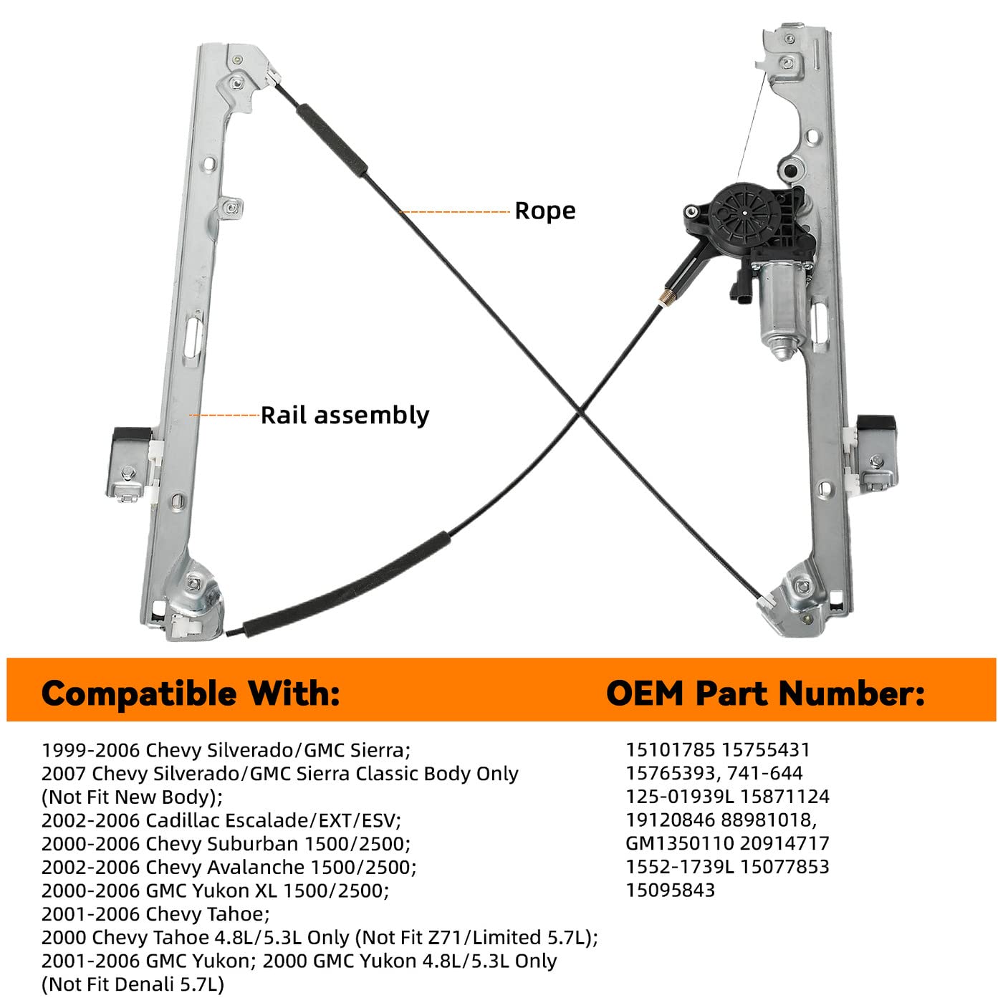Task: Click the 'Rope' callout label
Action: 544,211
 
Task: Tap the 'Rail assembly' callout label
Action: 345,416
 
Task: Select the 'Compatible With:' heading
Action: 191,694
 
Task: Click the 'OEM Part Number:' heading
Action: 765,694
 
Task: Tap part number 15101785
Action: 670,750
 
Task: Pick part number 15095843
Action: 670,891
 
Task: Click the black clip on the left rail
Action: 130,435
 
